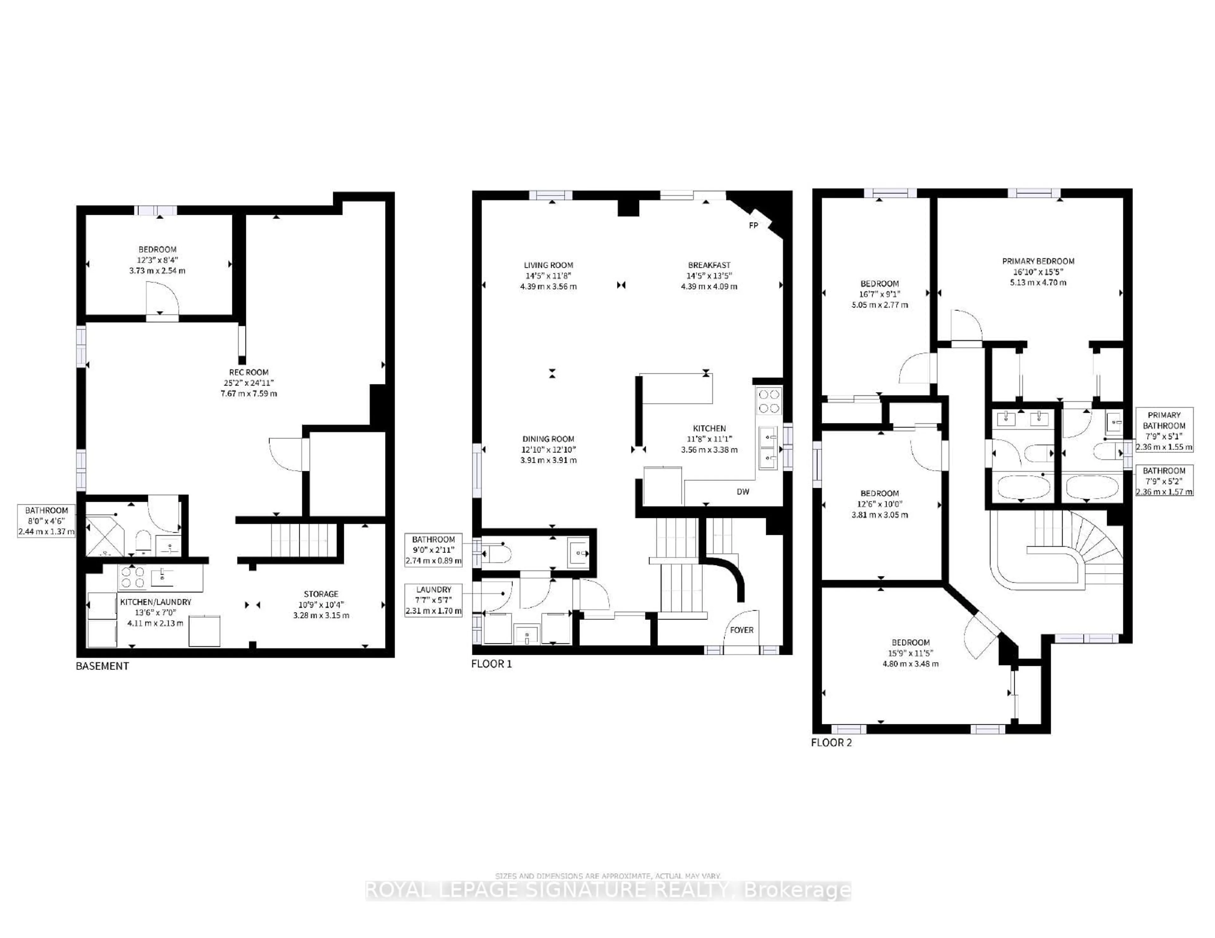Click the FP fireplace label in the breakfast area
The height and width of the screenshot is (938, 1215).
pos(753,225)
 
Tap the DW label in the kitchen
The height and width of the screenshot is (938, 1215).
pos(743,492)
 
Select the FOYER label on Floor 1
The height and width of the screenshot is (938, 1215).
pos(742,630)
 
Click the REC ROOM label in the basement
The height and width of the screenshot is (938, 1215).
pos(249,372)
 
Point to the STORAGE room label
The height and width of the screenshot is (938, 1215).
pos(321,594)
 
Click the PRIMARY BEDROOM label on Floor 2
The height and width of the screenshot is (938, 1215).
pos(1038,261)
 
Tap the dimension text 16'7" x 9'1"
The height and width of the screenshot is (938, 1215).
pos(880,294)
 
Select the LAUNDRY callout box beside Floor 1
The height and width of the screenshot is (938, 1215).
pos(433,600)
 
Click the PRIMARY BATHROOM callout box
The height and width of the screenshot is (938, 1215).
pos(1164,431)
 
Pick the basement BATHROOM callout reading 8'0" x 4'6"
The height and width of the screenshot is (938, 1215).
pos(46,520)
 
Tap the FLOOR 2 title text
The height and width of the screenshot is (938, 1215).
pos(831,742)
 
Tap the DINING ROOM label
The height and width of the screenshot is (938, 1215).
pos(548,439)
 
